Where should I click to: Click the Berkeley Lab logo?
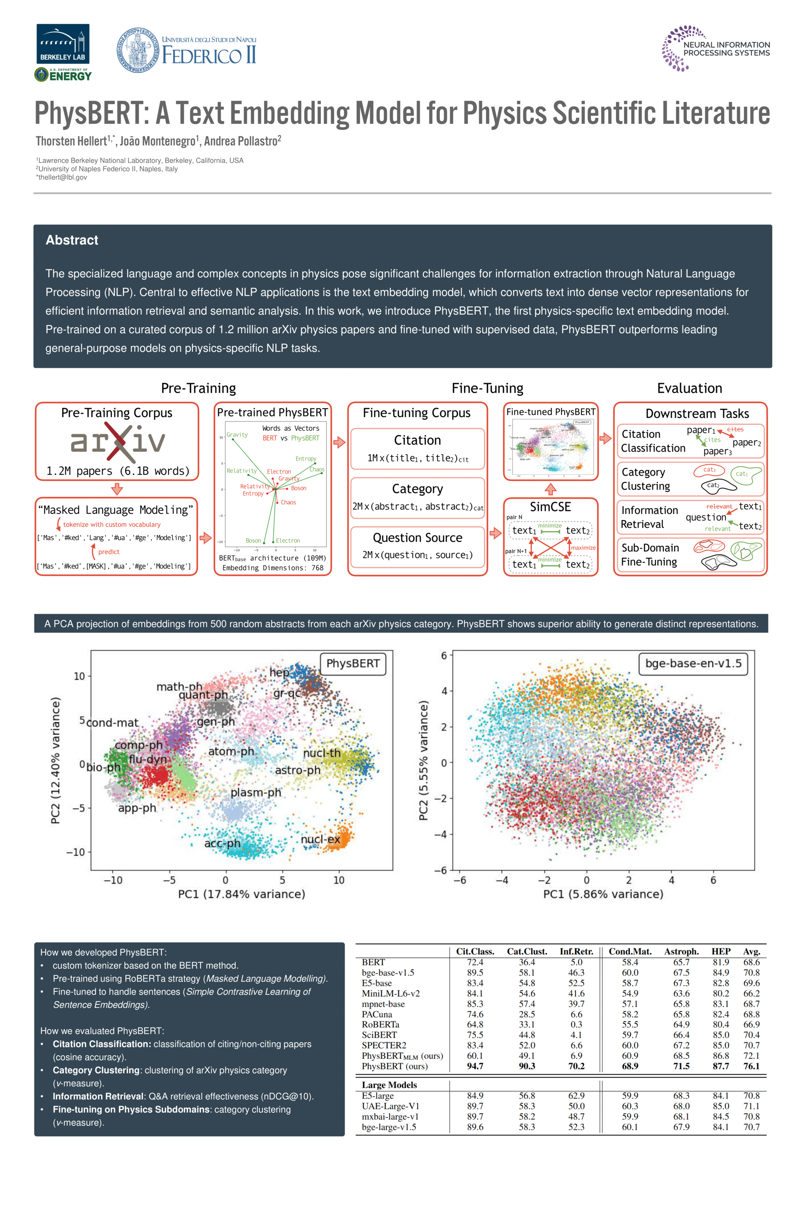coord(62,44)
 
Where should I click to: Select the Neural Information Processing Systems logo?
coord(716,49)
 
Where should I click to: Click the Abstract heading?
coord(72,240)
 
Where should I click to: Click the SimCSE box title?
coord(550,507)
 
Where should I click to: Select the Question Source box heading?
coord(418,538)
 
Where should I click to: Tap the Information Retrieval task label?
coord(649,517)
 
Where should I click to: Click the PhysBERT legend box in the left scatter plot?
coord(353,664)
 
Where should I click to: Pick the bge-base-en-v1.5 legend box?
coord(693,664)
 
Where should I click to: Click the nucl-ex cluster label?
coord(320,839)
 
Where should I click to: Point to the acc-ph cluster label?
coord(222,844)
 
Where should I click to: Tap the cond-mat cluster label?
coord(112,723)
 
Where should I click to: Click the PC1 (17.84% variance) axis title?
coord(241,894)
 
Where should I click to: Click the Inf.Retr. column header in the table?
coord(576,952)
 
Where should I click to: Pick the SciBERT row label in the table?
coord(379,1035)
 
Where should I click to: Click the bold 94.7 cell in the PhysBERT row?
coord(475,1066)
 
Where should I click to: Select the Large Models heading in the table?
coord(389,1085)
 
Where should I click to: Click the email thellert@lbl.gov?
coord(62,177)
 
